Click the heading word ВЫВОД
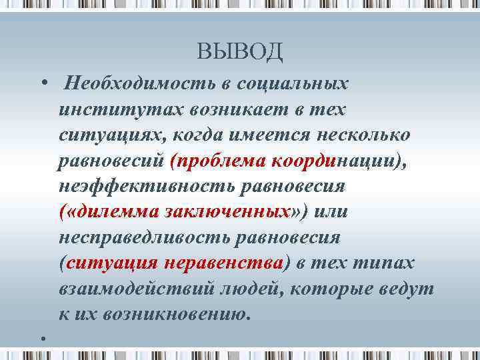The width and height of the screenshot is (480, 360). pos(240,51)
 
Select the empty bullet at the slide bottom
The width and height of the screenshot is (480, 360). pos(42,339)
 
